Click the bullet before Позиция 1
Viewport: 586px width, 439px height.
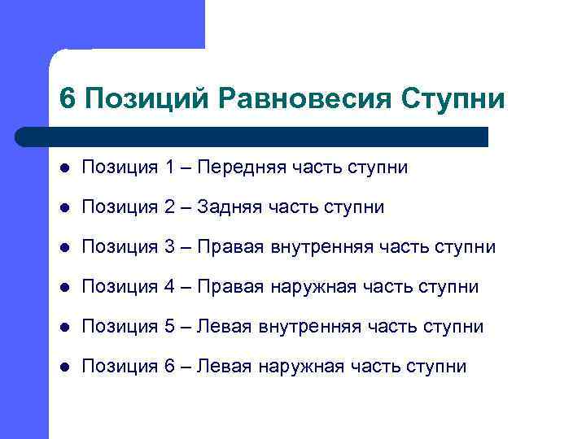pyautogui.click(x=64, y=168)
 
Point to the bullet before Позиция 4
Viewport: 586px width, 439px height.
pyautogui.click(x=64, y=288)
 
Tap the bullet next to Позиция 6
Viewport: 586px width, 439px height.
pyautogui.click(x=64, y=367)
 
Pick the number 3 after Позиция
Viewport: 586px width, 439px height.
pyautogui.click(x=169, y=247)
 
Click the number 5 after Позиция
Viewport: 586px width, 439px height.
pyautogui.click(x=169, y=327)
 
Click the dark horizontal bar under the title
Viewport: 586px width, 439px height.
pyautogui.click(x=252, y=136)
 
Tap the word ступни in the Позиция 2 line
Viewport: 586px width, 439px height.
pyautogui.click(x=353, y=207)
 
